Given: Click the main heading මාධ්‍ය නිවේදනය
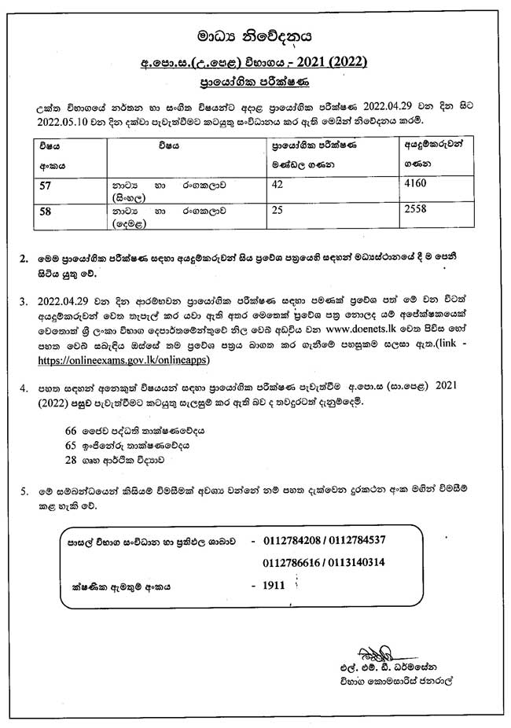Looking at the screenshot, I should pos(255,35).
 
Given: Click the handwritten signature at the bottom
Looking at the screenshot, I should pos(377,654).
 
